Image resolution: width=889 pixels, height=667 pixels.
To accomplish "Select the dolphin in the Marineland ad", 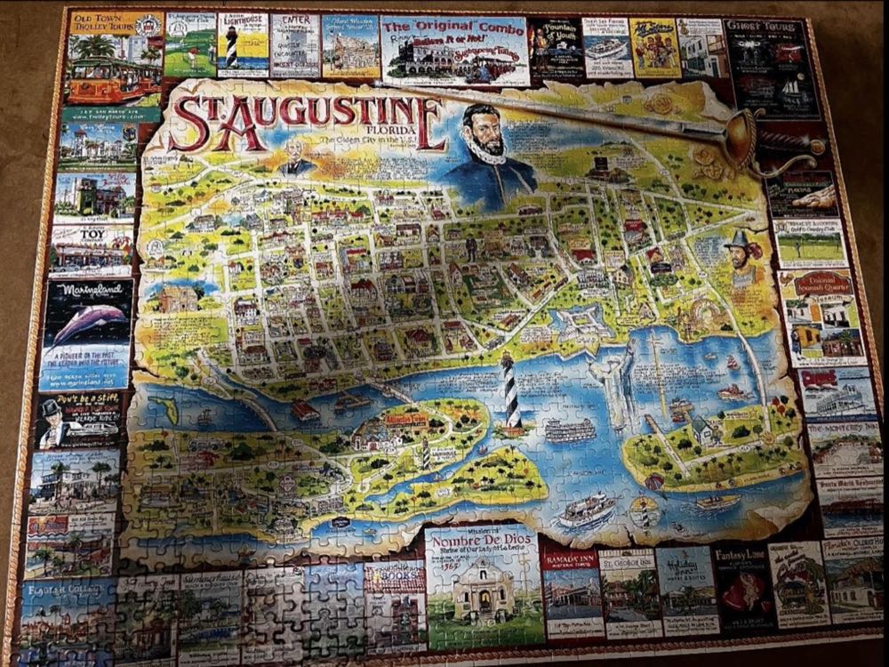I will (x=87, y=321).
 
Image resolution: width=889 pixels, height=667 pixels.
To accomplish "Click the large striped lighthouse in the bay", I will (x=513, y=390).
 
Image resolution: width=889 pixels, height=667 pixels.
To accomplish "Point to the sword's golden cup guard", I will (x=739, y=137).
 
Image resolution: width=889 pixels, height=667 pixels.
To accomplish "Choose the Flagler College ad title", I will (x=67, y=589).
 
